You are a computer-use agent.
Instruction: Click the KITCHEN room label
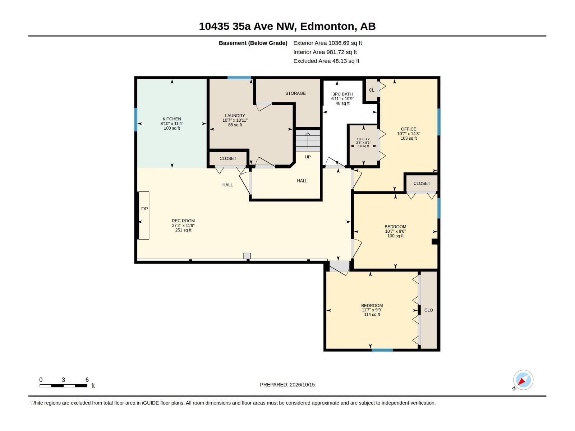coord(171,119)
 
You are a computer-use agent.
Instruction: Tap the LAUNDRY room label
coord(235,115)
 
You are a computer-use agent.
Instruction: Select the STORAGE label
coord(295,93)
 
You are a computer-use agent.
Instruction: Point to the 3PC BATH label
coord(342,94)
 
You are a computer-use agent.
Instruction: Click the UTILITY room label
coord(363,139)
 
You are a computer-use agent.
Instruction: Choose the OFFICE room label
coord(408,129)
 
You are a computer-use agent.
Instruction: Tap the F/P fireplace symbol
coord(144,215)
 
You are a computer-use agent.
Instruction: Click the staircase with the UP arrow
coord(308,141)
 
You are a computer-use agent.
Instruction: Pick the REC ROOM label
coord(183,221)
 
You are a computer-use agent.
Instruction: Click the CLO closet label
coord(428,310)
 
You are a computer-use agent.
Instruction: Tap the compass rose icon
coord(523,380)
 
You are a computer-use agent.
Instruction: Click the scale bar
coord(63,385)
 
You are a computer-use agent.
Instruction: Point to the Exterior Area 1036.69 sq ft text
coord(327,43)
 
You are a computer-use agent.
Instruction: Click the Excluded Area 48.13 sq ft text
coord(326,61)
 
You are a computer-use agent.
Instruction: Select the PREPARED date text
coord(287,384)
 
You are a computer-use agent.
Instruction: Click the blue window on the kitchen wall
coord(136,119)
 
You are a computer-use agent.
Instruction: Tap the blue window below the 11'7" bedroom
coord(382,350)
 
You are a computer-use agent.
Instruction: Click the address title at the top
coord(287,26)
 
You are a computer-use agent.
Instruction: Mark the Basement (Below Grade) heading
coord(253,43)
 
